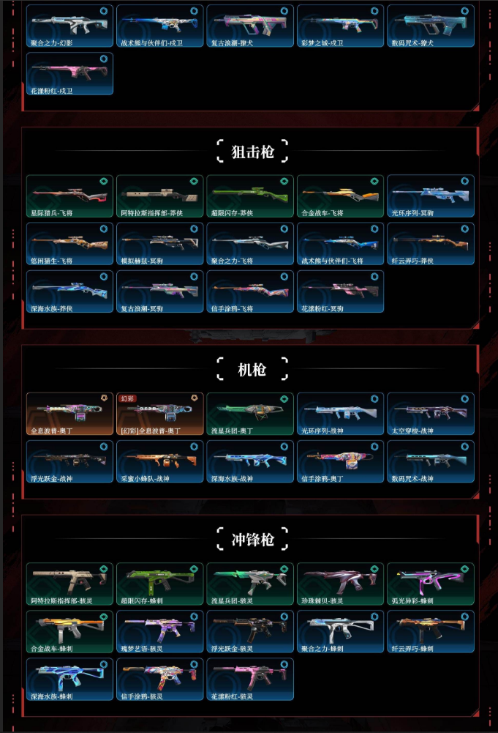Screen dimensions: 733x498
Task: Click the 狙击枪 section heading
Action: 252,152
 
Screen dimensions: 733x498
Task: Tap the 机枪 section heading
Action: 252,369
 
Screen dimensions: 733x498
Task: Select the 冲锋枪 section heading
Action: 252,540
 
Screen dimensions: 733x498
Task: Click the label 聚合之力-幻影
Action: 51,43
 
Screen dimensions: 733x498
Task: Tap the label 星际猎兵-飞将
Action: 51,213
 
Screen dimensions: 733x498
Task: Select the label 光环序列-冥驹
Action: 413,213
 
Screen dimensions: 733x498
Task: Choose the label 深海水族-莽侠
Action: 51,308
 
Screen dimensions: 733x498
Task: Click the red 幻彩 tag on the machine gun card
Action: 128,398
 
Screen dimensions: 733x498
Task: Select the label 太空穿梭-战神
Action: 413,431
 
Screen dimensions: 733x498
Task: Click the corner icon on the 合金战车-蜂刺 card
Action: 103,617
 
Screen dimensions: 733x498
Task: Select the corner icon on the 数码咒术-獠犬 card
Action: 464,12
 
